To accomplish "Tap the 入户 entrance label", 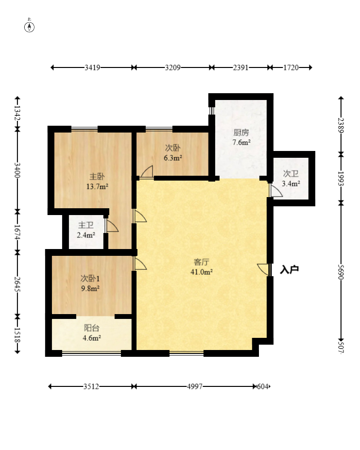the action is pyautogui.click(x=290, y=270).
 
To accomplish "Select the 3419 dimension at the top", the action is pyautogui.click(x=92, y=68).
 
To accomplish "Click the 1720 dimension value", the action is pyautogui.click(x=291, y=68).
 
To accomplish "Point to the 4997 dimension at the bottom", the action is pyautogui.click(x=194, y=386).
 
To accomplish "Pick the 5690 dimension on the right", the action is pyautogui.click(x=341, y=272).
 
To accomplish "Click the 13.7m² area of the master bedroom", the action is pyautogui.click(x=97, y=186).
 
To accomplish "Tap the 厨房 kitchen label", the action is pyautogui.click(x=241, y=133).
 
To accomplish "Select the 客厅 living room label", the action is pyautogui.click(x=202, y=262).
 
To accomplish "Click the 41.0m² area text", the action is pyautogui.click(x=202, y=272).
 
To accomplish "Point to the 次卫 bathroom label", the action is pyautogui.click(x=291, y=174).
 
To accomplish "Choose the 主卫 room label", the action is pyautogui.click(x=86, y=225).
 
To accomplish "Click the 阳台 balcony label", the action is pyautogui.click(x=92, y=328).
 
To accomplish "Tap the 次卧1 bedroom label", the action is pyautogui.click(x=90, y=278).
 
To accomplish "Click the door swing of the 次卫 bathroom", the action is pyautogui.click(x=276, y=190).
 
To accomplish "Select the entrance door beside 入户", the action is pyautogui.click(x=264, y=270).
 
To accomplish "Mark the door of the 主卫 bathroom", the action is pyautogui.click(x=112, y=226).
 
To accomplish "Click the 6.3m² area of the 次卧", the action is pyautogui.click(x=172, y=158).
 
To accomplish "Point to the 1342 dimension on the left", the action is pyautogui.click(x=17, y=114).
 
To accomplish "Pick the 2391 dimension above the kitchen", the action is pyautogui.click(x=240, y=68).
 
